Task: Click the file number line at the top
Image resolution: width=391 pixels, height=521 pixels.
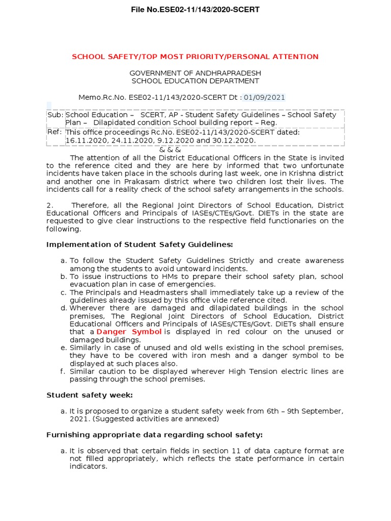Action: coord(195,10)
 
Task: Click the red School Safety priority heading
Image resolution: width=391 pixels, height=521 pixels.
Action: coord(195,56)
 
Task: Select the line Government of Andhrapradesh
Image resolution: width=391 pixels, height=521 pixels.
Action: coord(195,73)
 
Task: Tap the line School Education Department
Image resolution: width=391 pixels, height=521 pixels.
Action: coord(195,81)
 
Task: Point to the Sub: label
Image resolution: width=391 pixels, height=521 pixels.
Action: coord(55,115)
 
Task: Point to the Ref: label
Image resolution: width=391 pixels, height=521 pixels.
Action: coord(54,132)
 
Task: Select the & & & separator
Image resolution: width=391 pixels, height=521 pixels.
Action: coord(170,150)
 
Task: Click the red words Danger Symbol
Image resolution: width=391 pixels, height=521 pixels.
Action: coord(129,332)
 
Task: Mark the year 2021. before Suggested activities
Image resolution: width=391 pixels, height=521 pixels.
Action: coord(79,419)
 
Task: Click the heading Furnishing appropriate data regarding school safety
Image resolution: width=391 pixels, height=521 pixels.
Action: coord(154,435)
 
